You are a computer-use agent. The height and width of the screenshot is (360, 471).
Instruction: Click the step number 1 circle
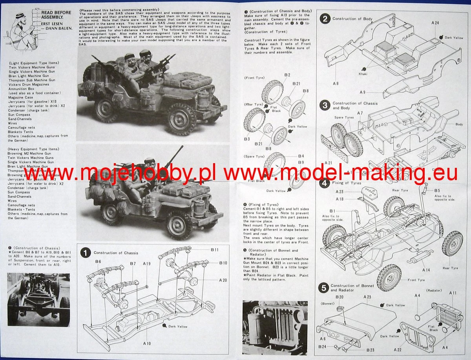86,253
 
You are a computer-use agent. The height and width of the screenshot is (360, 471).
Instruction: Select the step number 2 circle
325,18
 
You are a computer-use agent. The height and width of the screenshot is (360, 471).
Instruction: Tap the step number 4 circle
325,183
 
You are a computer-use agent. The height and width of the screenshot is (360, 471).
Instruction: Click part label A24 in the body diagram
434,23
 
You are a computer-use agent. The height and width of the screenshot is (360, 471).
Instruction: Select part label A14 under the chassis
427,270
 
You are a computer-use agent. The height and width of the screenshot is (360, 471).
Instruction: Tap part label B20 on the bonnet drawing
340,297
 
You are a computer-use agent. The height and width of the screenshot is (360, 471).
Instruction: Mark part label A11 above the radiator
453,293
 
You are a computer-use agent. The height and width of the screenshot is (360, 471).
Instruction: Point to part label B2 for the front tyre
287,75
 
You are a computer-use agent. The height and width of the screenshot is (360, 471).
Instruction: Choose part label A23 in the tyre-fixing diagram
340,192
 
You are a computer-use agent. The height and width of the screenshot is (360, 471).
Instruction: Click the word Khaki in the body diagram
363,74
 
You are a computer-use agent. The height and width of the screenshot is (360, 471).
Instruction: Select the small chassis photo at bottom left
38,299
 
